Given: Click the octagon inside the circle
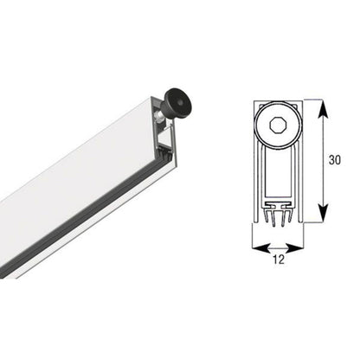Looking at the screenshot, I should tap(277, 125).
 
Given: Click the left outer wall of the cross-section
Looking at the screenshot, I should tap(257, 164).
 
